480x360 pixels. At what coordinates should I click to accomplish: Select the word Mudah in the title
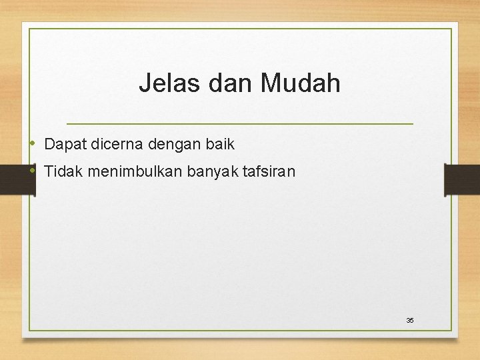coord(301,84)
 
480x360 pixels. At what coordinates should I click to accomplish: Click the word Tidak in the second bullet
coord(61,171)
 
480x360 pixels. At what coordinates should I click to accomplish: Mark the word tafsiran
coord(267,171)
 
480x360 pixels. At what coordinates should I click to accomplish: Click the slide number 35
coord(410,321)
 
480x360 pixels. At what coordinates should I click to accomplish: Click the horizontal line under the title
coord(240,124)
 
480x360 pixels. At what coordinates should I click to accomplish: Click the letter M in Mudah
coord(273,84)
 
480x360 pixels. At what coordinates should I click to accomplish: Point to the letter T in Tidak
coord(48,171)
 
